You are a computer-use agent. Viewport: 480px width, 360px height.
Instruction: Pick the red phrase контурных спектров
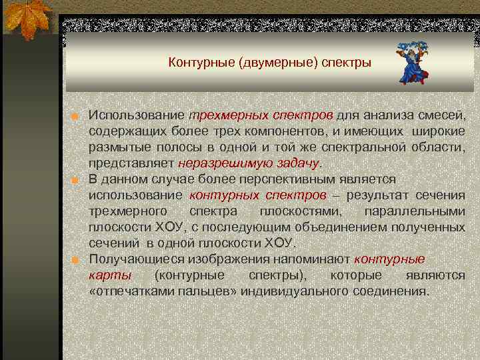coord(258,195)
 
